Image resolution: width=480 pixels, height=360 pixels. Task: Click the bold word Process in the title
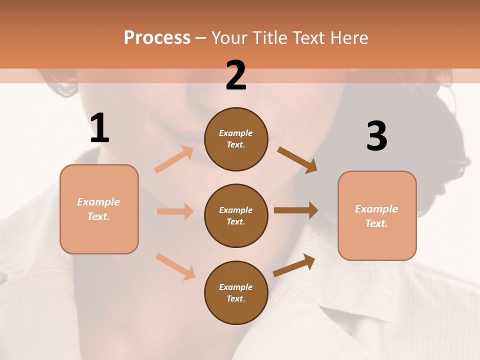tap(157, 37)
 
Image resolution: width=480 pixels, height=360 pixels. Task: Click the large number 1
tap(99, 128)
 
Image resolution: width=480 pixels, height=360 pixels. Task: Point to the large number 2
tap(236, 75)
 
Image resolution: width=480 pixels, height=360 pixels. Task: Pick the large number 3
tap(376, 136)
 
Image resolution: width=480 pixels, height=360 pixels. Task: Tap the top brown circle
tap(236, 139)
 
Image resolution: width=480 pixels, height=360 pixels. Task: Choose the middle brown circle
tap(236, 216)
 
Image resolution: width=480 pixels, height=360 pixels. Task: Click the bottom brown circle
tap(236, 293)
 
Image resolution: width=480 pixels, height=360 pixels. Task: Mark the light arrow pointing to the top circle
tap(174, 159)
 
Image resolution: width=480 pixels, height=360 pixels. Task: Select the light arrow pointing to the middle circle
tap(175, 211)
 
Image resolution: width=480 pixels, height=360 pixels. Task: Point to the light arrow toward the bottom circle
tap(175, 266)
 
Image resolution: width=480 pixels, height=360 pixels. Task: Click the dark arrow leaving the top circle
tap(297, 160)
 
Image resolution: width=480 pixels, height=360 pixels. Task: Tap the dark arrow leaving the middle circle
tap(296, 210)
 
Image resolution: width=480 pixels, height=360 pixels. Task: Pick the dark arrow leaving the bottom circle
tap(294, 265)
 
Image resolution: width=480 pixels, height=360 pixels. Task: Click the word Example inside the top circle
tap(236, 133)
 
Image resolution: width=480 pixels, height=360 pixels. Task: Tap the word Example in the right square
tap(376, 209)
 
